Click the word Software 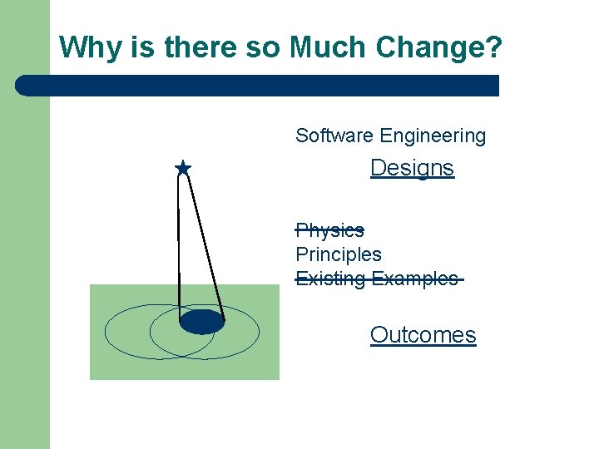pos(334,136)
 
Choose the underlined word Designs pos(412,168)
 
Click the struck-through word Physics pos(329,230)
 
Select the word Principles pos(339,254)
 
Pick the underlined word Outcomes pos(423,335)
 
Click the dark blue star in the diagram pos(183,169)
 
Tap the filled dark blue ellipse pos(202,321)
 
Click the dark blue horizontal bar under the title pos(266,86)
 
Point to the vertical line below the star pos(179,241)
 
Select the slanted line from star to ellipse pos(205,241)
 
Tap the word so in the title pos(264,47)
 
